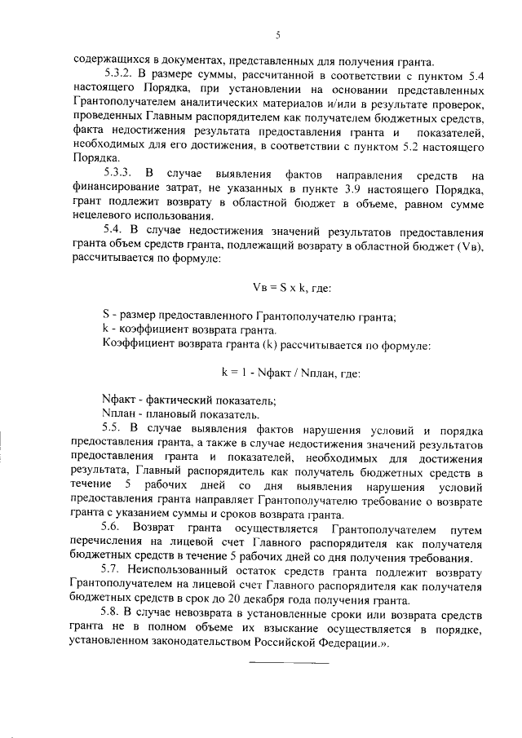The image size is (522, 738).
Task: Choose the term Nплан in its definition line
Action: point(117,413)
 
